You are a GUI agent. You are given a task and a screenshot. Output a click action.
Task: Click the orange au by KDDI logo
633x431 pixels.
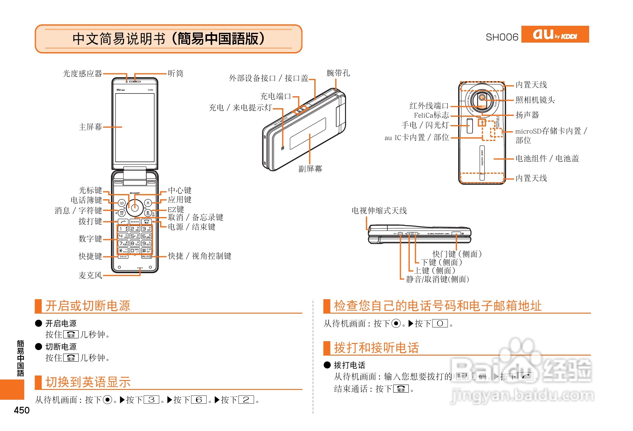click(555, 34)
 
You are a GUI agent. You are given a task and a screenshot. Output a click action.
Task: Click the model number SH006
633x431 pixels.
click(502, 37)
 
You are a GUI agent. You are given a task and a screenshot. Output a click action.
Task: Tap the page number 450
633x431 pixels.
click(22, 410)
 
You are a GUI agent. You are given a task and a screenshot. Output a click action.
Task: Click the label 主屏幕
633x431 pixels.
click(90, 127)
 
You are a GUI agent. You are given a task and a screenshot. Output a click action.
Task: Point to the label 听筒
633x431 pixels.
click(175, 74)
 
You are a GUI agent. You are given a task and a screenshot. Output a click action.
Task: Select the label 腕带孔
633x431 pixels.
click(338, 73)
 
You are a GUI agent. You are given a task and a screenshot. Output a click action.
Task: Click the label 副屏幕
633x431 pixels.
click(310, 169)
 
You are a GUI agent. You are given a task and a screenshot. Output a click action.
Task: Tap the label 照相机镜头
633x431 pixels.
click(535, 100)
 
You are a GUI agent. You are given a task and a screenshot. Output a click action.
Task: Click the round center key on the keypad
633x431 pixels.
click(135, 208)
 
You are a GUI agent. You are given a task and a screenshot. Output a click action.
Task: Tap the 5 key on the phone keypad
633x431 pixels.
click(135, 236)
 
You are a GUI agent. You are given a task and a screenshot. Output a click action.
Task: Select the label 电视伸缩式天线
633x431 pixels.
click(379, 211)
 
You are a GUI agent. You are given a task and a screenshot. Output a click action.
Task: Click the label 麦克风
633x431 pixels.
click(90, 275)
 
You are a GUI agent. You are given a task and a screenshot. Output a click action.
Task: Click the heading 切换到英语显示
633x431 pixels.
click(88, 382)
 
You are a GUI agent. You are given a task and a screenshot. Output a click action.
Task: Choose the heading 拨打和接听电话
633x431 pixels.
click(376, 348)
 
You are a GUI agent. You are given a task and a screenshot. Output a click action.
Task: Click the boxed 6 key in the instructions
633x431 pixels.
click(199, 400)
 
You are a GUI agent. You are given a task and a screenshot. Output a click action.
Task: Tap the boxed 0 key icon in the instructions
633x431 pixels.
click(440, 323)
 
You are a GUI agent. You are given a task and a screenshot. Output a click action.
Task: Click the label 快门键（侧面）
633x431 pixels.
click(457, 254)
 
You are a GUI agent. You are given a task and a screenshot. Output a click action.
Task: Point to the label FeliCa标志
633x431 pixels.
click(431, 115)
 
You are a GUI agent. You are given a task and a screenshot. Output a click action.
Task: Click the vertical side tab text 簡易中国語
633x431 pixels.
click(21, 358)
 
